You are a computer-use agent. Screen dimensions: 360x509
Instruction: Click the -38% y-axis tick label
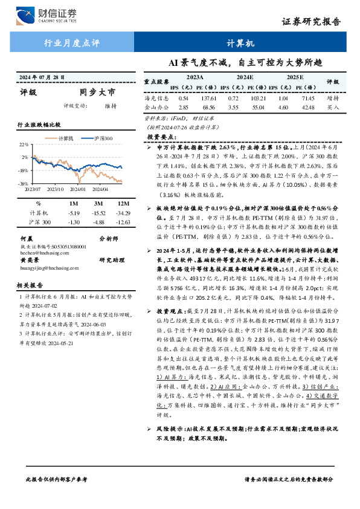click(23, 183)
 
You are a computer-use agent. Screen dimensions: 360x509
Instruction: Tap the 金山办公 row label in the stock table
click(155, 106)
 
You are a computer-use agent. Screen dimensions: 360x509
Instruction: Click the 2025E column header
click(295, 78)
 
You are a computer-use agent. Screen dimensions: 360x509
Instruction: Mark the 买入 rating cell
click(332, 106)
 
